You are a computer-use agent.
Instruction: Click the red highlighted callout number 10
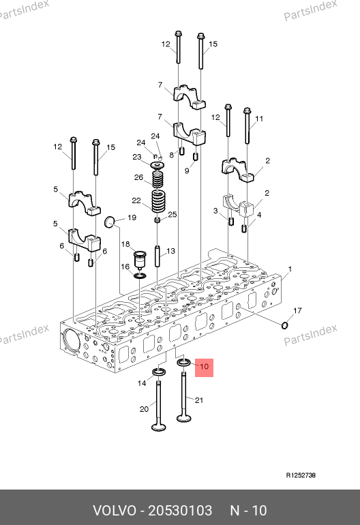(204, 366)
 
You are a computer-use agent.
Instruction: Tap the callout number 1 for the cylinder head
(290, 269)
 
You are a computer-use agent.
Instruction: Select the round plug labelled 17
(284, 325)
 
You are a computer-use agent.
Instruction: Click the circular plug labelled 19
(110, 222)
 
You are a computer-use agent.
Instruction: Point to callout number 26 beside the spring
(138, 177)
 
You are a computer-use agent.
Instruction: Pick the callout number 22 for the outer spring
(136, 200)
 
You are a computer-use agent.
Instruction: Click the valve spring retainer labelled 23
(157, 166)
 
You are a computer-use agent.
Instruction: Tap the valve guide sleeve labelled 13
(157, 256)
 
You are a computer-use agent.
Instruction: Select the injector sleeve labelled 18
(140, 258)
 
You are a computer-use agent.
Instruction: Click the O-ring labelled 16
(140, 276)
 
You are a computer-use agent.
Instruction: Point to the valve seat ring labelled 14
(160, 372)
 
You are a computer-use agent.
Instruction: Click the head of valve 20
(158, 427)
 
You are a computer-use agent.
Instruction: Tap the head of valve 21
(184, 418)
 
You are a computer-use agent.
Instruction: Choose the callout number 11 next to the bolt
(259, 119)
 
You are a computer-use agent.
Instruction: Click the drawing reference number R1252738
(301, 475)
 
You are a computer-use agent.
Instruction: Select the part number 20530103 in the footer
(180, 511)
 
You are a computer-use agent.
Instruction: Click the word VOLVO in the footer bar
(115, 511)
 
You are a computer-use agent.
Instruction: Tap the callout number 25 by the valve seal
(172, 214)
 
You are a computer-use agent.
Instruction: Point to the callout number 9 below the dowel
(187, 170)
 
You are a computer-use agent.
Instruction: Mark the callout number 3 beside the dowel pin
(215, 211)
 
